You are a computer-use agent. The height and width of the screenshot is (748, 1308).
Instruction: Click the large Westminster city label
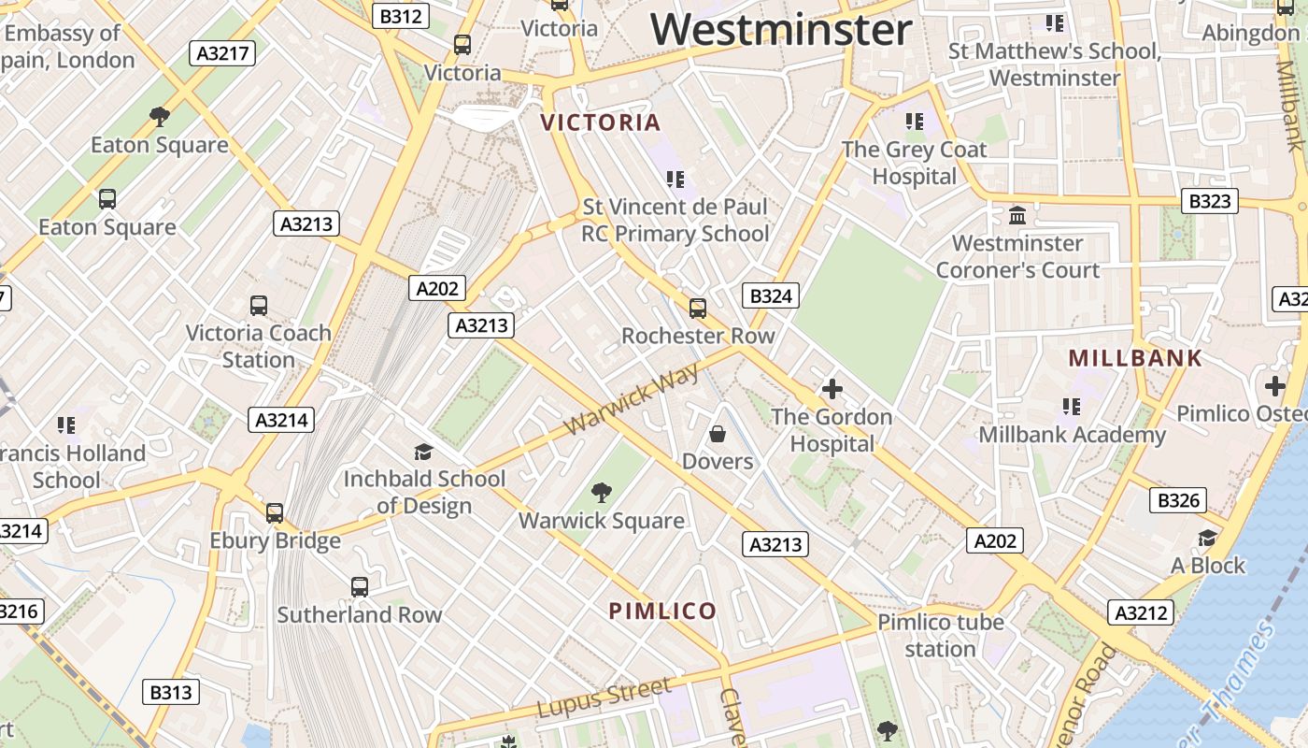coord(781,29)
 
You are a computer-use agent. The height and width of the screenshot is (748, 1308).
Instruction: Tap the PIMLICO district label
coord(662,611)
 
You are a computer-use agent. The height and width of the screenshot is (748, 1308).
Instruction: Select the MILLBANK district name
coord(1135,358)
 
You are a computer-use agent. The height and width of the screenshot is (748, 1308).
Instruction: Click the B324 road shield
coord(771,296)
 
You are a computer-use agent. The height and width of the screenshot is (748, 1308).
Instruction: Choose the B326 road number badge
coord(1178,500)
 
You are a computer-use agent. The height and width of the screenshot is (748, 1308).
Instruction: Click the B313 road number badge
coord(171,692)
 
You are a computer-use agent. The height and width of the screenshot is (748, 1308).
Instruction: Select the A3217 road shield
coord(224,52)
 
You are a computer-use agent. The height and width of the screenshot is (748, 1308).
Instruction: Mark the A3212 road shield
coord(1141,612)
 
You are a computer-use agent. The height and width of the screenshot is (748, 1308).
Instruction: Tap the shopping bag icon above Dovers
coord(718,434)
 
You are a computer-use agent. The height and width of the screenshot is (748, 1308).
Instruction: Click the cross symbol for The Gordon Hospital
coord(832,389)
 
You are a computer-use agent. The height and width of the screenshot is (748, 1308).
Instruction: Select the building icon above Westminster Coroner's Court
coord(1017,216)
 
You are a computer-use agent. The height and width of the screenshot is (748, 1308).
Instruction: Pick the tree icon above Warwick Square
coord(602,493)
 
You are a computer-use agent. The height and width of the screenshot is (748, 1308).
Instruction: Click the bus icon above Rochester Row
coord(697,308)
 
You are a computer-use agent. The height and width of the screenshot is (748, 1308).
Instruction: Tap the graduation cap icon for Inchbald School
coord(423,452)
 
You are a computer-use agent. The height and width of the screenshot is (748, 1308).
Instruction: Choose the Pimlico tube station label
coord(940,635)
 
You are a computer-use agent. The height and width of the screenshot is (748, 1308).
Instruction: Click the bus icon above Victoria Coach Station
coord(259,306)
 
